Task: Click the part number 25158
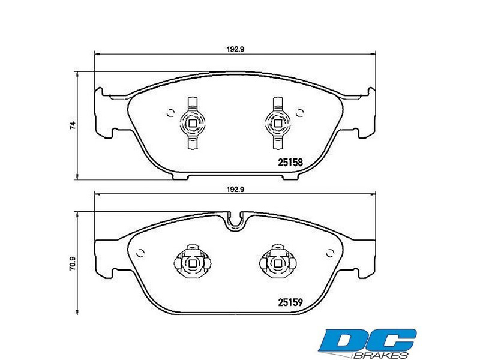click(290, 162)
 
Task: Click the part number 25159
click(290, 302)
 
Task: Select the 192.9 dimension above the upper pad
click(235, 49)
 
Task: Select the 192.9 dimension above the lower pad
click(235, 190)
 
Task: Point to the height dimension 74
click(73, 125)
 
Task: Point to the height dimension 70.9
click(73, 263)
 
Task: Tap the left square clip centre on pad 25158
click(192, 124)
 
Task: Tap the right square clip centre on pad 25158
click(278, 124)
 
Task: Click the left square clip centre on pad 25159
click(192, 263)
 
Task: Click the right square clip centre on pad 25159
click(278, 263)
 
